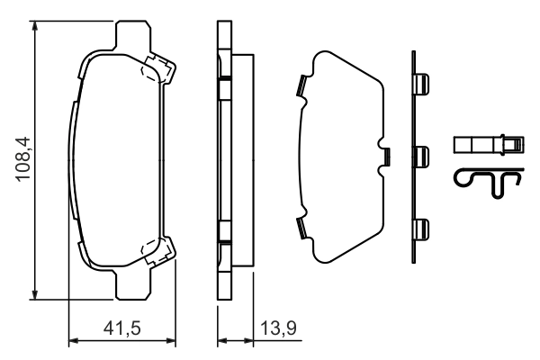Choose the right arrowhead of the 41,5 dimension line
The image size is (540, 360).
coord(163,341)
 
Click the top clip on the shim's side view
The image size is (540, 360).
coord(421,85)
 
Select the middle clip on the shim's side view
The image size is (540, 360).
coord(421,157)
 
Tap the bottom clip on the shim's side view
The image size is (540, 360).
coord(421,230)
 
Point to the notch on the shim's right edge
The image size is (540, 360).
coord(385,157)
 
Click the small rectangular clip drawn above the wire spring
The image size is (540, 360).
coord(487,144)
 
